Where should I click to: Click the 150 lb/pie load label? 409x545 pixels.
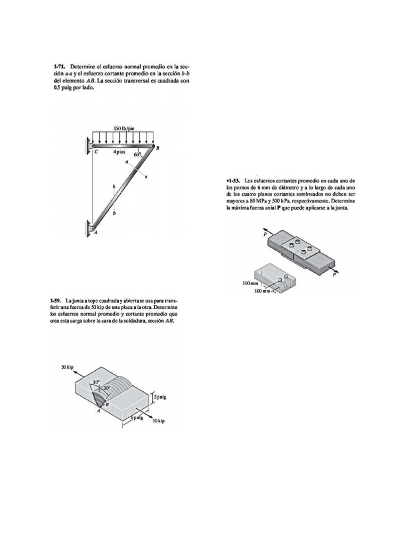pos(124,128)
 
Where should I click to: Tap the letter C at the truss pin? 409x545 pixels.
pos(96,152)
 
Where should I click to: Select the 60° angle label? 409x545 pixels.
pos(137,154)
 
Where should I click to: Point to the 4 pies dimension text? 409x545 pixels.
pos(119,152)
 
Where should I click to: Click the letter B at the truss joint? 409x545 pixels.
pos(158,148)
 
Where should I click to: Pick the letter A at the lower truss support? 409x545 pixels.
pos(95,233)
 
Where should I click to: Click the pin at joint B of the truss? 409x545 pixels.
pos(153,146)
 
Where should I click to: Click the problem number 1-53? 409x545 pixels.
pos(233,181)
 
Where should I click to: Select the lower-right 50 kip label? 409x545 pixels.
pos(159,421)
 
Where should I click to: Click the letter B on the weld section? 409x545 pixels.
pos(107,404)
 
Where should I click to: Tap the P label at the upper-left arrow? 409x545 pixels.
pos(264,235)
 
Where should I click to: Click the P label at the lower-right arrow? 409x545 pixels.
pos(334,275)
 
